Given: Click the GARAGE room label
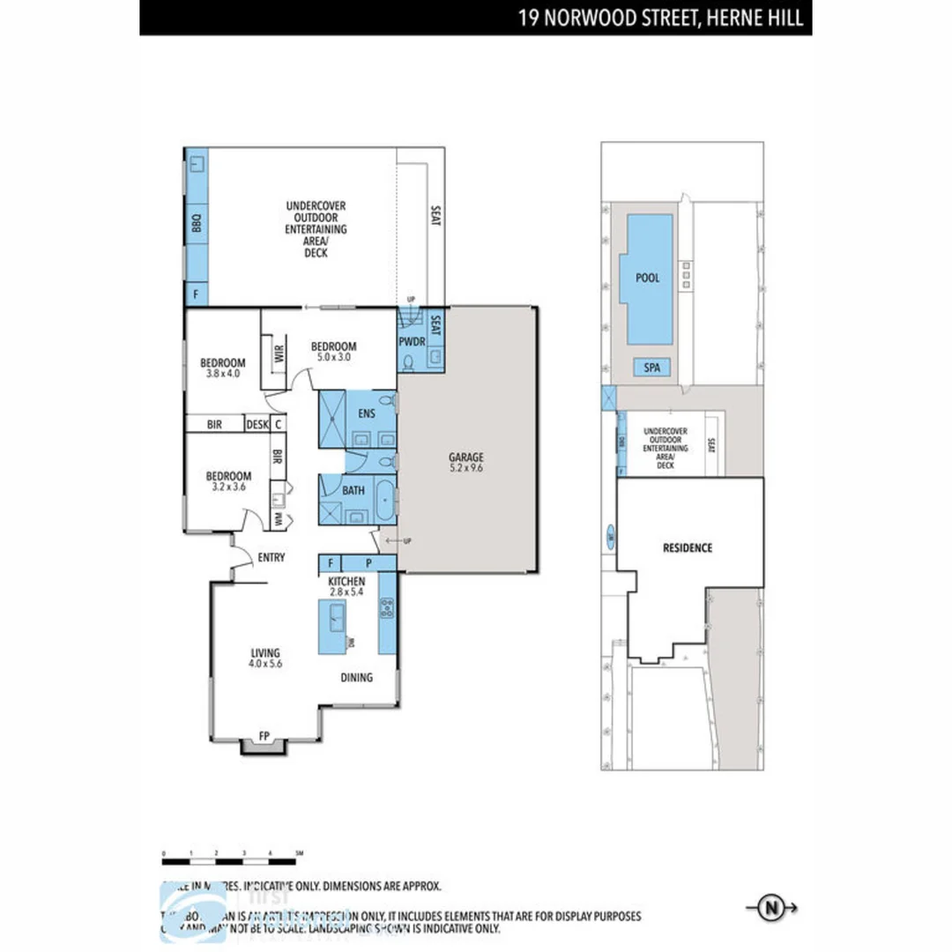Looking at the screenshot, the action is [x=467, y=457].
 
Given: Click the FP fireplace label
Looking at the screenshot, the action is [x=264, y=734].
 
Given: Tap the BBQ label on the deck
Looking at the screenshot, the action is [x=196, y=226].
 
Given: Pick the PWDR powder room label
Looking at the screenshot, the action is [x=412, y=341].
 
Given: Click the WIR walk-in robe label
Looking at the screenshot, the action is [x=279, y=355].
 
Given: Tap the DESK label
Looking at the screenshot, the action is [x=256, y=424].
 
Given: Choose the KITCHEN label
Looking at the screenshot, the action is [x=346, y=583].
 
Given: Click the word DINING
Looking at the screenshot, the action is [x=357, y=678].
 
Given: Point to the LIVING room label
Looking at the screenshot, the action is [x=264, y=652].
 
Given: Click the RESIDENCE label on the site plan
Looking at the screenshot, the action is [x=687, y=547].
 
